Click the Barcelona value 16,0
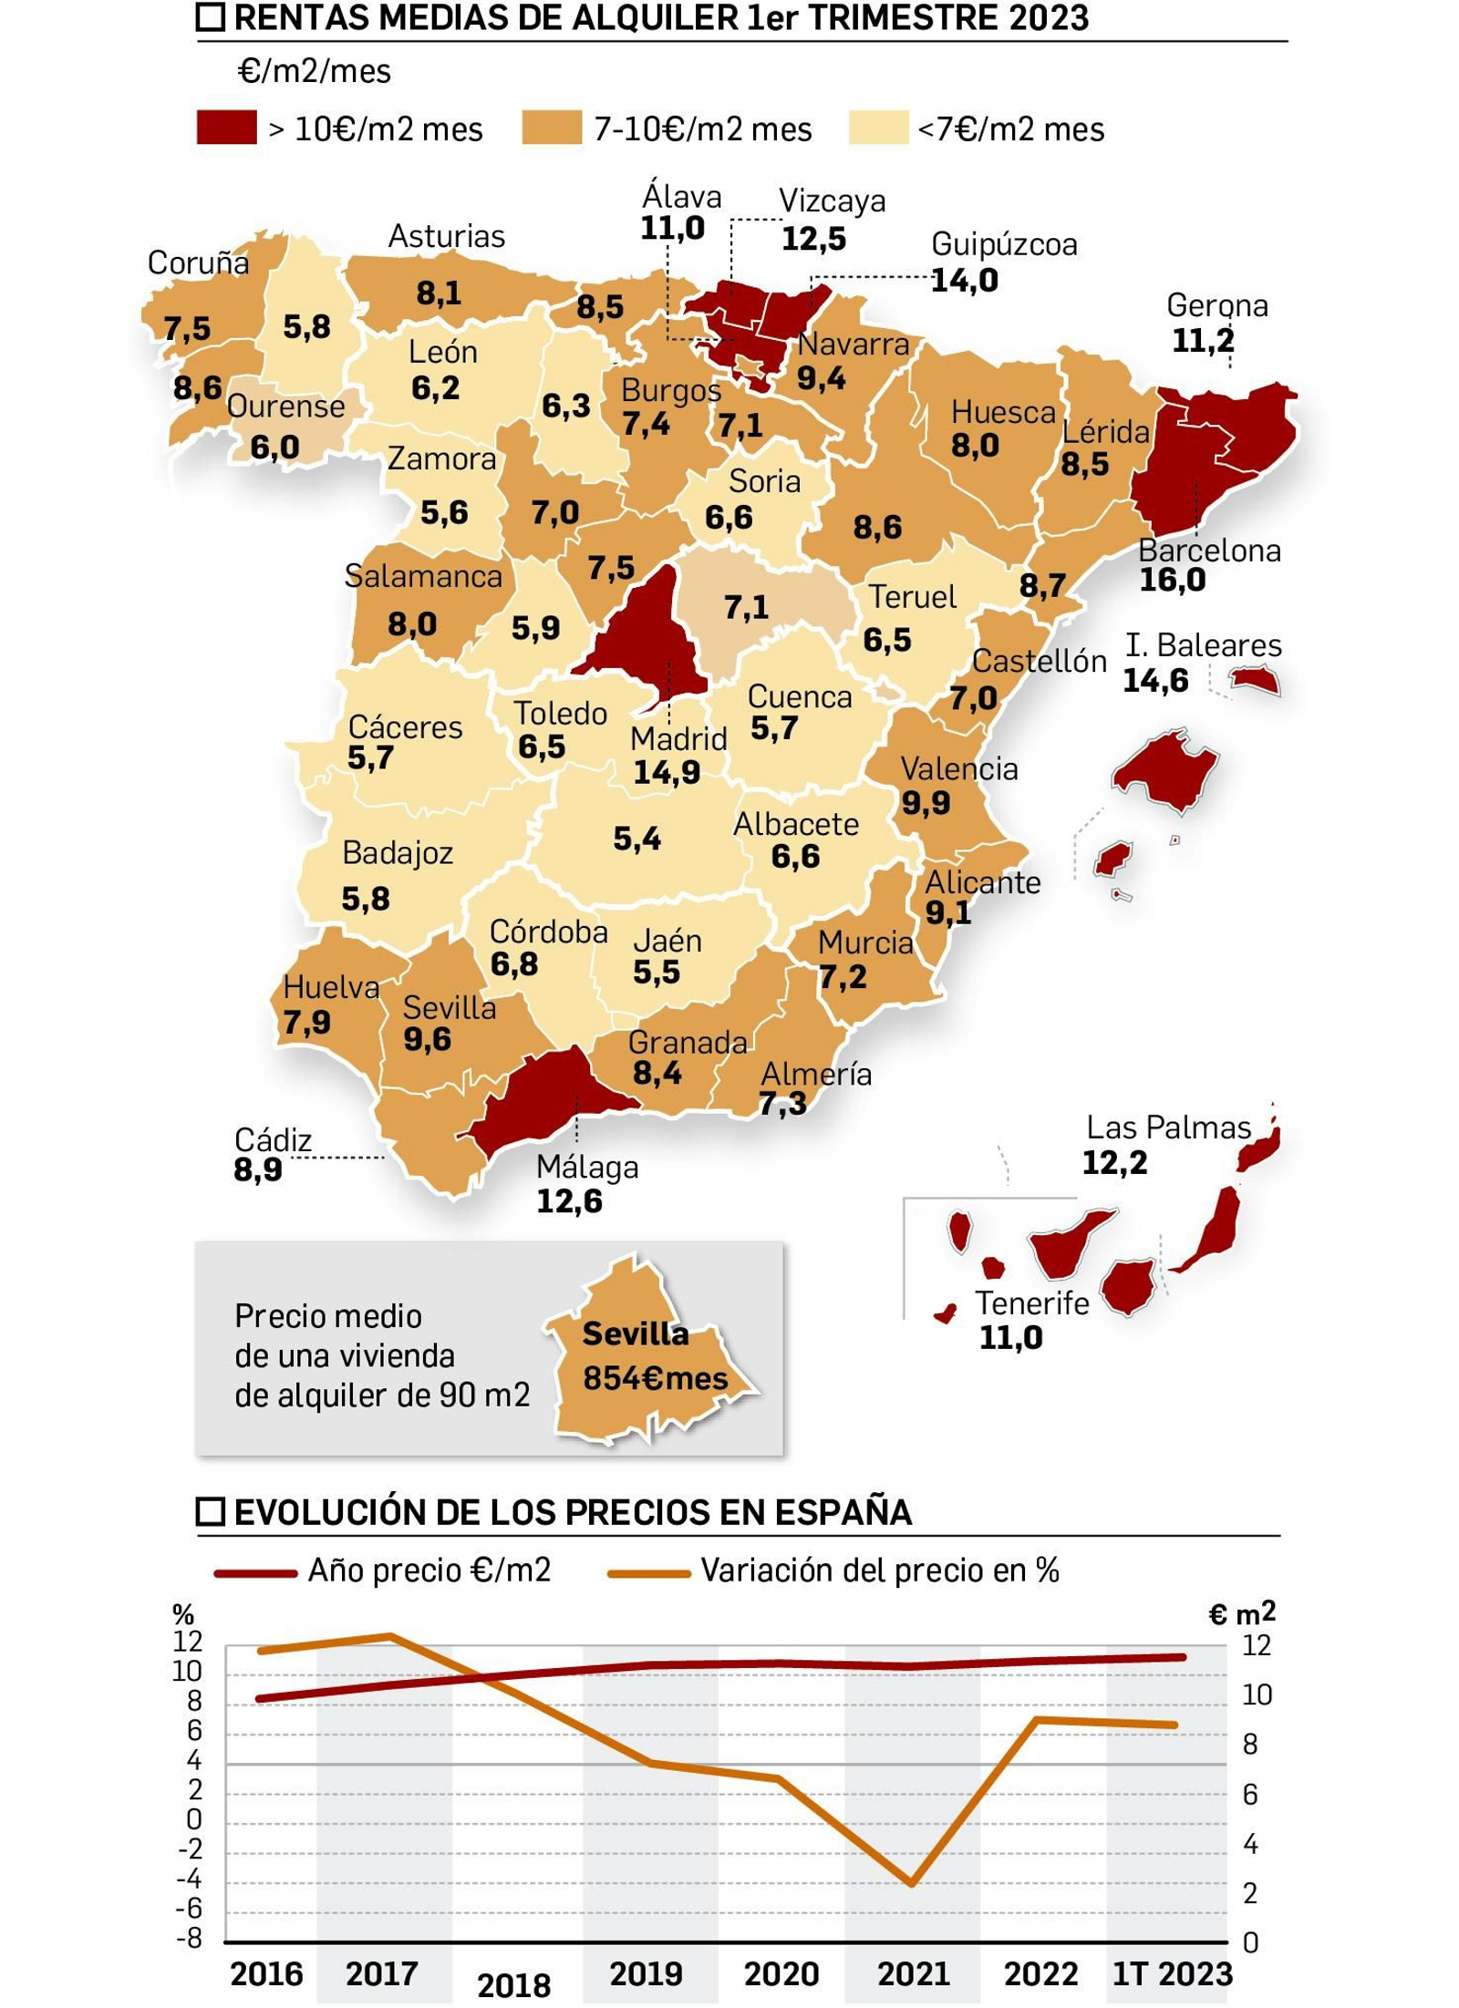(1172, 580)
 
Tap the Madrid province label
(678, 738)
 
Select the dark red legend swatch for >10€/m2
(226, 128)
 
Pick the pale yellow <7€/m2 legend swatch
(877, 128)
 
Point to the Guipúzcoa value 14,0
(964, 280)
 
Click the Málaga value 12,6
(569, 1201)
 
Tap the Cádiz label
(273, 1139)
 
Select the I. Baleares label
(1203, 645)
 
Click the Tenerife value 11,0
(1010, 1337)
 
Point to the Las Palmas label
(1168, 1128)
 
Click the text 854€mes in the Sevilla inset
(656, 1378)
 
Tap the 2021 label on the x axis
(913, 1973)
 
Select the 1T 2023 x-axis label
(1172, 1973)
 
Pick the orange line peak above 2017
(390, 1636)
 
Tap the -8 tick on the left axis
(189, 1939)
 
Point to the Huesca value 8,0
(975, 446)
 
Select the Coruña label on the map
(198, 263)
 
